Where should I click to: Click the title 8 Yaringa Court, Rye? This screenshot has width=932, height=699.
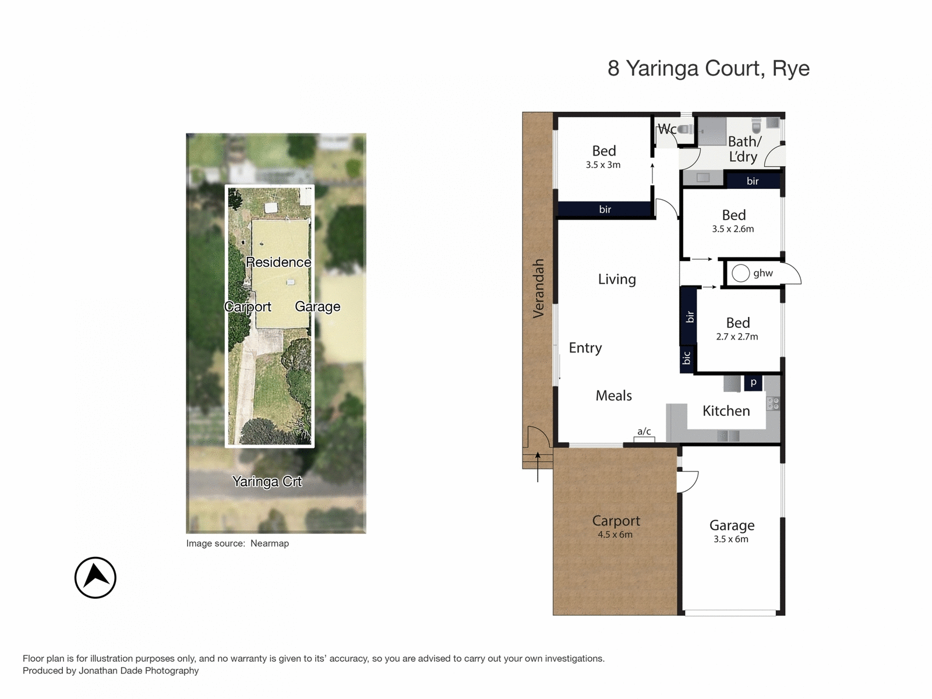tap(708, 69)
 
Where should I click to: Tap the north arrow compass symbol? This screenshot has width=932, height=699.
tap(96, 577)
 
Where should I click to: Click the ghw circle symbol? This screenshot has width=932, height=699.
tap(740, 273)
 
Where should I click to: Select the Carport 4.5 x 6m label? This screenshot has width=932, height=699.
tap(616, 526)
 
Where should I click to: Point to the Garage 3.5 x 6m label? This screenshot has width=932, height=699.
tap(732, 531)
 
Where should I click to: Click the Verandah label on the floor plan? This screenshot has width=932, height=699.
tap(538, 288)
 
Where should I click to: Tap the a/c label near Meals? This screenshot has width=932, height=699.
tap(644, 432)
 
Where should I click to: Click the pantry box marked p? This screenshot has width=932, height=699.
tap(753, 383)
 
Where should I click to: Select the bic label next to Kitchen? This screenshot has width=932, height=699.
tap(687, 358)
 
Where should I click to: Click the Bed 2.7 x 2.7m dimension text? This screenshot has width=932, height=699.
tap(737, 337)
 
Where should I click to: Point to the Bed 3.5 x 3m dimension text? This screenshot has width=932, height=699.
tap(603, 165)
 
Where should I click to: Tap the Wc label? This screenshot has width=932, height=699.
tap(667, 129)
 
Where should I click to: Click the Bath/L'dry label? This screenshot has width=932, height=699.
tap(744, 149)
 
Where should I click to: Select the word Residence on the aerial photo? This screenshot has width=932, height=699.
tap(278, 262)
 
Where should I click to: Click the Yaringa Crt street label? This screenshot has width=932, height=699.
tap(267, 482)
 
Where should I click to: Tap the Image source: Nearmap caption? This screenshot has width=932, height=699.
tap(237, 543)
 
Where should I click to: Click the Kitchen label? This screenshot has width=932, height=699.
tap(726, 411)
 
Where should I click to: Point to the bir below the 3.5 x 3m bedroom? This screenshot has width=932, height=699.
tap(605, 210)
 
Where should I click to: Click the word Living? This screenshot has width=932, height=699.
tap(617, 280)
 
